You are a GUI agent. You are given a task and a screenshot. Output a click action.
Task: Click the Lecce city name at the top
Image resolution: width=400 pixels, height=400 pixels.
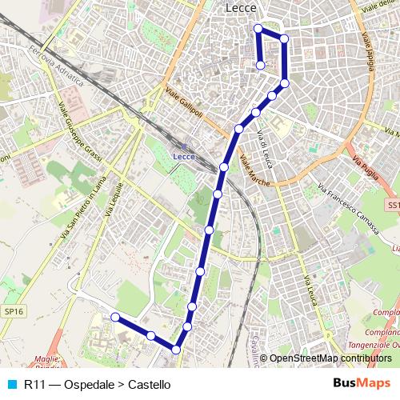[241, 7]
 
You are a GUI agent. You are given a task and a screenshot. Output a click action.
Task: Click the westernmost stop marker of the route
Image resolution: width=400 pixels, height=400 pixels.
[114, 318]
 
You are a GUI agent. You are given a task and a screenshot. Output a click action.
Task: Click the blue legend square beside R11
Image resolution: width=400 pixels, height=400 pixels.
[10, 385]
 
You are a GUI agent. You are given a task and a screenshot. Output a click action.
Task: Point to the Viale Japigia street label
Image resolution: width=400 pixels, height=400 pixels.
[370, 39]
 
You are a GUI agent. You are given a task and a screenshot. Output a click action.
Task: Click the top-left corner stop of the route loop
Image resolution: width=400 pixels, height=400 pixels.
[258, 29]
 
